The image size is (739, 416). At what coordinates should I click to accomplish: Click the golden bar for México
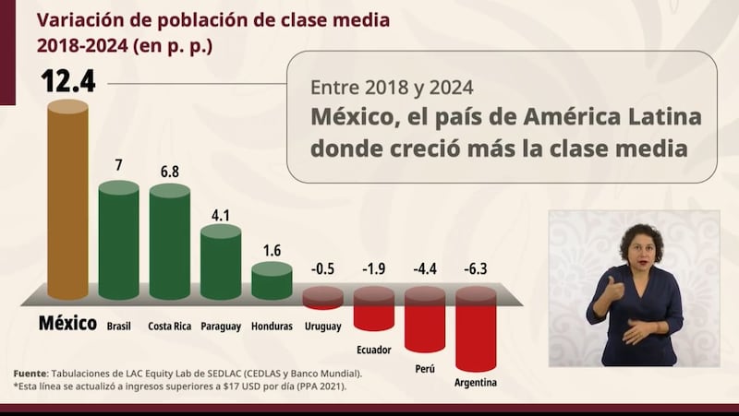[67, 200]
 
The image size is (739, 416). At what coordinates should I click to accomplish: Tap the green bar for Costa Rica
[169, 242]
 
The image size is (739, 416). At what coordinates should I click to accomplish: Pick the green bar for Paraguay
[220, 262]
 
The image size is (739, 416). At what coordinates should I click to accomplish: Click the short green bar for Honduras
[272, 281]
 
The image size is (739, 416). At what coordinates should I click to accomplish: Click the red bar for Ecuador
[373, 308]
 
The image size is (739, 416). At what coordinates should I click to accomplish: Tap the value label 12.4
[67, 82]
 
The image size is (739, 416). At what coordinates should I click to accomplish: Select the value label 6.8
[169, 172]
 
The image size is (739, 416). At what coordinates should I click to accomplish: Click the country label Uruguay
[322, 327]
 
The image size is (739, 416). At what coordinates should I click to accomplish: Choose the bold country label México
[67, 324]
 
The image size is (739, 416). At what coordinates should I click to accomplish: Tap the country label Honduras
[272, 327]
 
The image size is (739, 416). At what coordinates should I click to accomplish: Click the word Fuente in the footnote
[32, 373]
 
